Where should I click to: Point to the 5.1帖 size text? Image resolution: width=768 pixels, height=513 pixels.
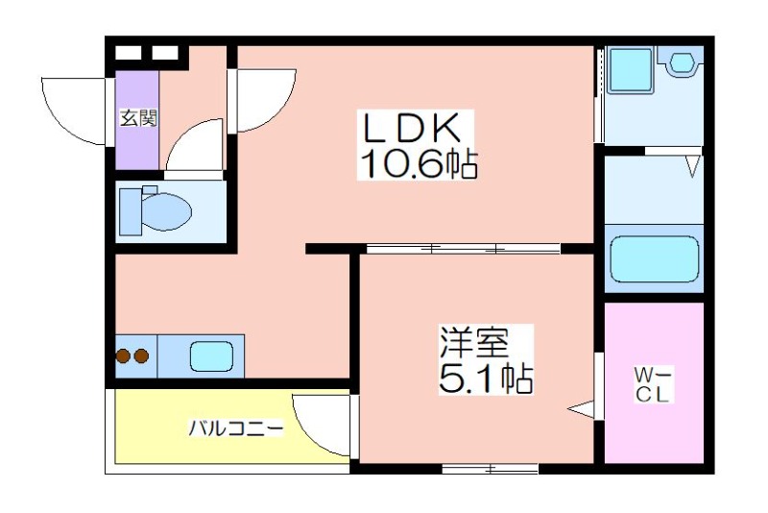tap(486, 378)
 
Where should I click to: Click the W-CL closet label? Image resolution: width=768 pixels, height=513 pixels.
tap(653, 383)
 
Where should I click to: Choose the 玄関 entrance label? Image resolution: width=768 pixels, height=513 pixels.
tap(138, 119)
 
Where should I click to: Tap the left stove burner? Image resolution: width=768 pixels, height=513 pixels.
tap(124, 357)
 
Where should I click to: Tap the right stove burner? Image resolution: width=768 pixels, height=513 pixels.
tap(141, 357)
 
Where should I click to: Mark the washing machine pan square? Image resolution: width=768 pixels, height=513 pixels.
tap(629, 69)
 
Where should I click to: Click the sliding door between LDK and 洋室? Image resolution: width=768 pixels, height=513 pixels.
tap(463, 250)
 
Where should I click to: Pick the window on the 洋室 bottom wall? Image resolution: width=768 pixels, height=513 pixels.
tap(491, 469)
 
